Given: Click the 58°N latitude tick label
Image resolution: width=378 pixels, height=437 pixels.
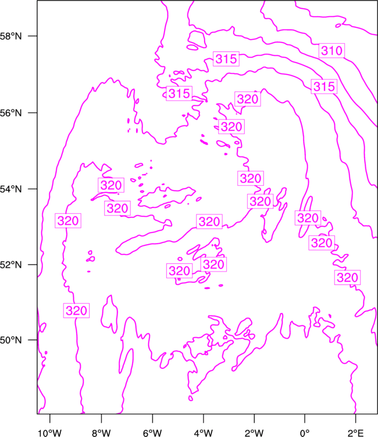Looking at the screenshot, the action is pos(10,36).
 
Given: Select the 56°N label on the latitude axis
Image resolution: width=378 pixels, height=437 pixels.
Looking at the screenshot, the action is pos(10,113).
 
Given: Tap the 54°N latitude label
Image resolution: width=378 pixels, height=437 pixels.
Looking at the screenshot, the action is pos(10,189).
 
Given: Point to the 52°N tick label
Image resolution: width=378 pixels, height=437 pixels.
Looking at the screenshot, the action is pos(10,265).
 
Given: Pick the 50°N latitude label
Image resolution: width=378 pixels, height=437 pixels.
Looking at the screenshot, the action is pos(10,340).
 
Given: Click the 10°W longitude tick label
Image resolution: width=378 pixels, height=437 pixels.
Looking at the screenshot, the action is pos(49,433).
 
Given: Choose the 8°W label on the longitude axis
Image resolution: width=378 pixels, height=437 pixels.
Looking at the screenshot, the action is pos(101,433).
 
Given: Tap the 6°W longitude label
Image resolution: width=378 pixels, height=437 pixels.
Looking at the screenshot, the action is pos(152,433).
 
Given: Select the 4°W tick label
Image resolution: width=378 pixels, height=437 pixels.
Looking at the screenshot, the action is pos(204,433).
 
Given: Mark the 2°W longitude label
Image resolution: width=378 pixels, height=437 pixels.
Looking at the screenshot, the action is pos(254,433).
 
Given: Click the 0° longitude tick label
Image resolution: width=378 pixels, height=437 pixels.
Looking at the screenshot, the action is pos(305,433).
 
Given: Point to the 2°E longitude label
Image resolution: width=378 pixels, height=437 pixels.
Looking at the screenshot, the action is pos(355,433).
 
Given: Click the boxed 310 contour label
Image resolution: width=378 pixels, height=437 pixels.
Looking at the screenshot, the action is pos(331,51).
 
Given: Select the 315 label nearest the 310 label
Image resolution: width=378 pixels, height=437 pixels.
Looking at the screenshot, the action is pos(324,86).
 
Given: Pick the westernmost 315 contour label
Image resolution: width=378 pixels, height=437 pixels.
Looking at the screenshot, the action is pos(179,93).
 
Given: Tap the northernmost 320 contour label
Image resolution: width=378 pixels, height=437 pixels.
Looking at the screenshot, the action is pos(248,99).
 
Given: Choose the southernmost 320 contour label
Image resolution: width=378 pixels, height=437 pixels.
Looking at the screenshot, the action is pos(77,311).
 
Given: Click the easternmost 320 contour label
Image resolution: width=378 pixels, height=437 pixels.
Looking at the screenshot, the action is pos(347,277).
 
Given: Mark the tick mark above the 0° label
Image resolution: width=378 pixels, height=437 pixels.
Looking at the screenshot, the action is pos(305,418).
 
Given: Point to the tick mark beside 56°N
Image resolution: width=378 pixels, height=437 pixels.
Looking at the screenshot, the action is pos(33,113).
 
